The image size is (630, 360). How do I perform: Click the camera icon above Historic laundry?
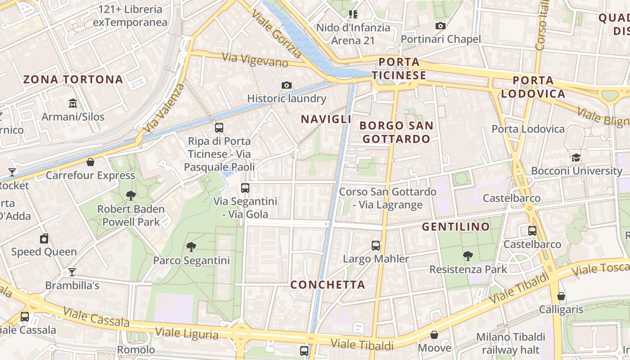tap(286, 85)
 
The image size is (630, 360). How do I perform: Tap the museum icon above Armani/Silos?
tap(73, 104)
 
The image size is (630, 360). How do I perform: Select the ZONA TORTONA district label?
tap(73, 80)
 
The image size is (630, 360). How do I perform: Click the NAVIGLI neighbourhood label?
tap(326, 119)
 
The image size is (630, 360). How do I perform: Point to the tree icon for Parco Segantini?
tap(191, 247)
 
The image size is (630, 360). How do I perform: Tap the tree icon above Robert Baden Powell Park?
tap(131, 196)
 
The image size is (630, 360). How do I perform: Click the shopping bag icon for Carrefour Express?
tap(90, 162)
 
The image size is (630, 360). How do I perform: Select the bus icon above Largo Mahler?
tap(376, 246)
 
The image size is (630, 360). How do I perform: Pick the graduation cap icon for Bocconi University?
tap(576, 158)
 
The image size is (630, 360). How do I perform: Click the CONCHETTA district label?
tap(328, 284)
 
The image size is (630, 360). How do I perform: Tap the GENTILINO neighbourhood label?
tap(456, 227)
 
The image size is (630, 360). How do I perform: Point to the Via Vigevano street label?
tap(255, 60)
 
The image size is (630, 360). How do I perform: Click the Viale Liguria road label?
tap(186, 333)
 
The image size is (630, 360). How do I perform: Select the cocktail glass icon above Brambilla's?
tap(72, 272)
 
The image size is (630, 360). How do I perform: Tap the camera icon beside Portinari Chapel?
tap(441, 26)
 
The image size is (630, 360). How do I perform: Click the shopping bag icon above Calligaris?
tap(561, 296)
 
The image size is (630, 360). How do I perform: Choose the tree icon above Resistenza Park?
tap(468, 256)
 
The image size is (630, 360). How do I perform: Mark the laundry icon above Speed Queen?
tap(44, 238)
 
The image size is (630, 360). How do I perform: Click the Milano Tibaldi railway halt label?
tap(511, 343)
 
